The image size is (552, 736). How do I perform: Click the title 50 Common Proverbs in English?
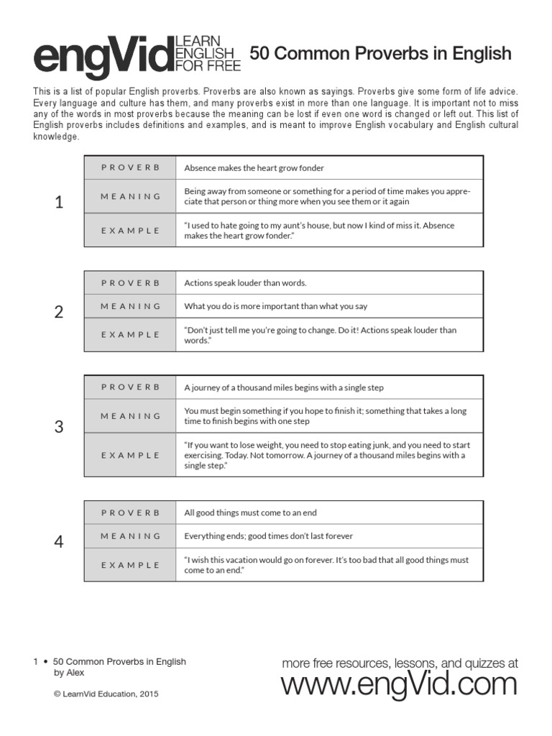tap(380, 54)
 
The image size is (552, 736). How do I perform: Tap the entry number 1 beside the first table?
tap(59, 203)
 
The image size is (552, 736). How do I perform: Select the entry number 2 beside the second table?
tap(59, 312)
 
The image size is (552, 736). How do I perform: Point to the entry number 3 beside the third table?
tap(59, 427)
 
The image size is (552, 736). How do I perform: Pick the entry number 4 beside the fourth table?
tap(59, 542)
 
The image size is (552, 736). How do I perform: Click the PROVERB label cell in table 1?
tap(130, 167)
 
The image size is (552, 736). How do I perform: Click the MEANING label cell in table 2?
tap(130, 306)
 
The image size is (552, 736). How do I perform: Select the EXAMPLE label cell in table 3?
tap(130, 455)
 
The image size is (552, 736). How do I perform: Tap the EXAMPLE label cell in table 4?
tap(130, 565)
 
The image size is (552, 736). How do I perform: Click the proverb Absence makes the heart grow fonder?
tap(254, 168)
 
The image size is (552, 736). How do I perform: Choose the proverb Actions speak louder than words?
tap(245, 283)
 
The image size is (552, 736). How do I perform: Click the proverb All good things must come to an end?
tap(250, 513)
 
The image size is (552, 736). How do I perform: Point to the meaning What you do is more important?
tap(275, 306)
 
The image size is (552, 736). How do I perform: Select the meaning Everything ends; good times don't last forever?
tap(268, 536)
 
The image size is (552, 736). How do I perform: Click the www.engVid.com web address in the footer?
tap(399, 685)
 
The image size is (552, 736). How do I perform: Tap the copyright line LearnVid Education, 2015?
tap(106, 694)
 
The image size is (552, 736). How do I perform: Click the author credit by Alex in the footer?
tap(69, 673)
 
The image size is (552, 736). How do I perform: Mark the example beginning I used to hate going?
tap(319, 230)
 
